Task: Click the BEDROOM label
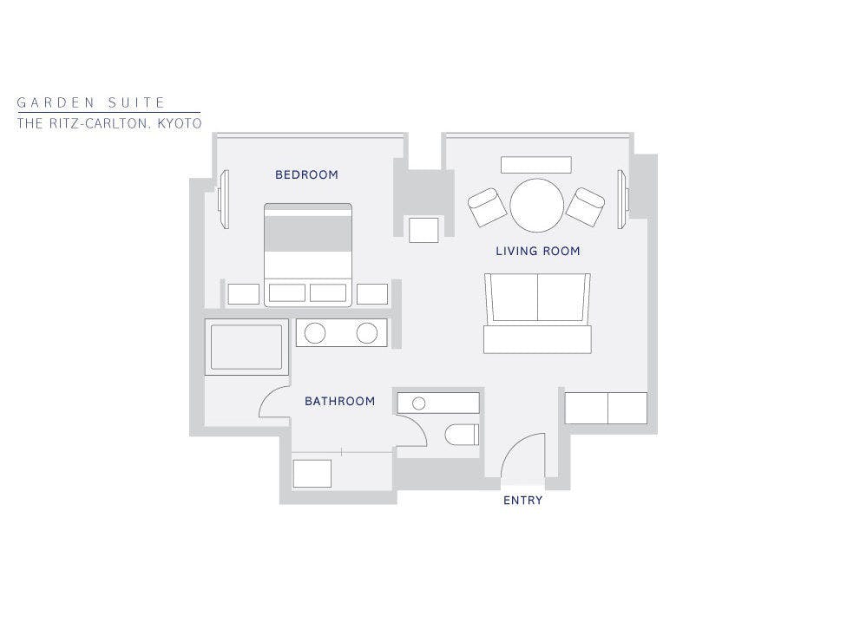[x=306, y=174]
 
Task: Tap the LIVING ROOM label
[x=538, y=251]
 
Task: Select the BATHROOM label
[x=340, y=401]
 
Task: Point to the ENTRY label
[x=523, y=501]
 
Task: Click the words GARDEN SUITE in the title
[x=91, y=102]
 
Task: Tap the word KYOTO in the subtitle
[x=180, y=123]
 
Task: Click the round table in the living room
[x=537, y=206]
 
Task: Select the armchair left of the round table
[x=487, y=207]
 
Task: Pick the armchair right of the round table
[x=585, y=207]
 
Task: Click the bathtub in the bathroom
[x=246, y=346]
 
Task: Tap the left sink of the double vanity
[x=315, y=333]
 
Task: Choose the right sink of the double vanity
[x=367, y=333]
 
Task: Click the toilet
[x=462, y=435]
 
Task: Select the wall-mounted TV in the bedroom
[x=224, y=200]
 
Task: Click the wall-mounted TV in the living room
[x=623, y=200]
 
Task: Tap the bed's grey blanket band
[x=308, y=233]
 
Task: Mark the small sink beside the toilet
[x=418, y=403]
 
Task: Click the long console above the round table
[x=535, y=165]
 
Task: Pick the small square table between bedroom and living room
[x=423, y=230]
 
